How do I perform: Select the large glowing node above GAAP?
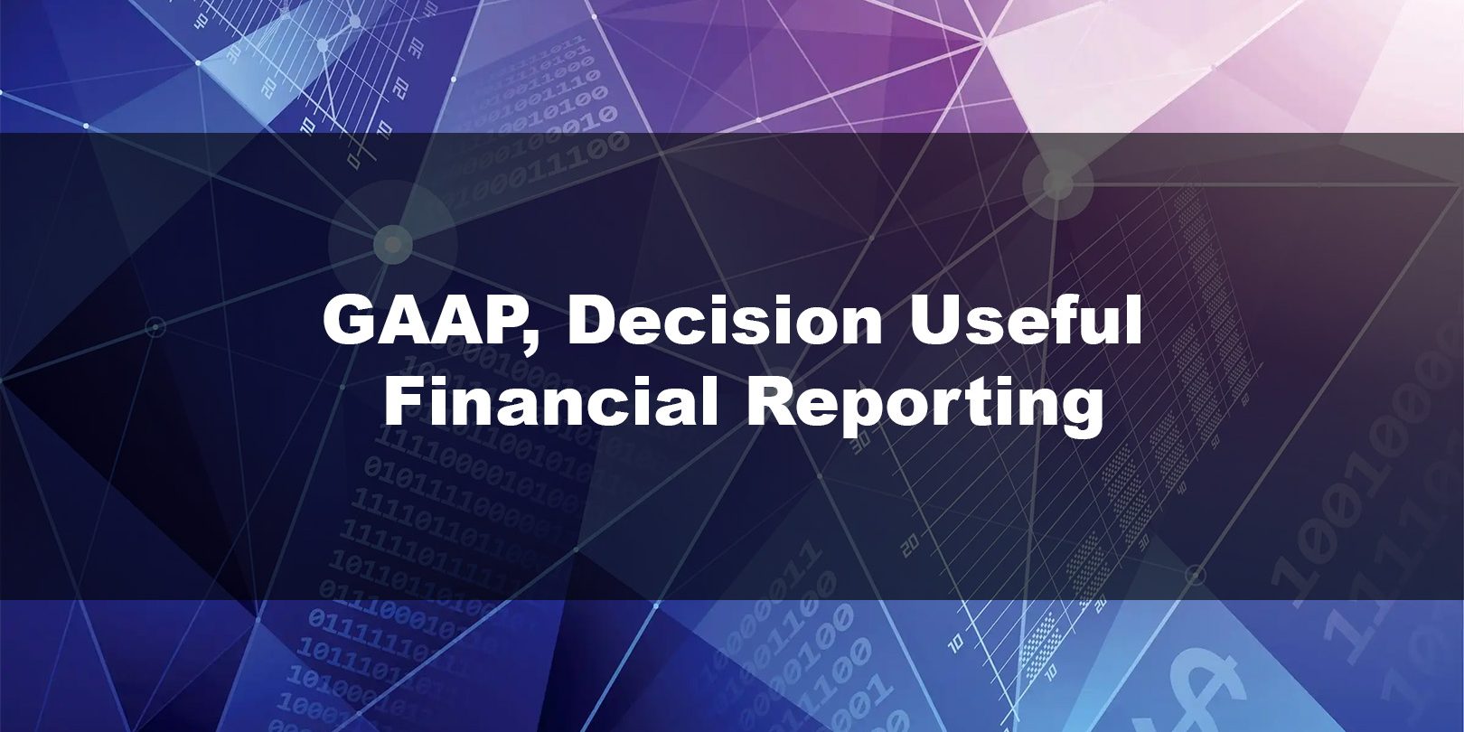(x=392, y=244)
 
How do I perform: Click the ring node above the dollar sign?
(x=1196, y=575)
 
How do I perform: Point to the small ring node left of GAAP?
(x=155, y=326)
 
